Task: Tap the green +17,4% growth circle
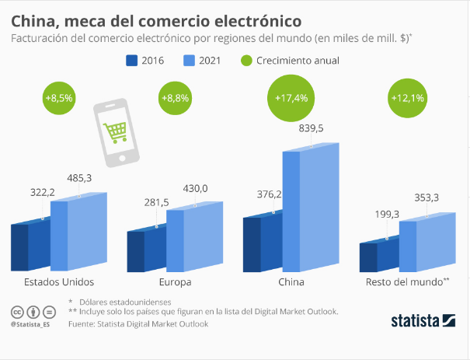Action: coord(291,98)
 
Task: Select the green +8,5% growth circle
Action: coord(59,98)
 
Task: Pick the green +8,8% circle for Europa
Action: coord(176,98)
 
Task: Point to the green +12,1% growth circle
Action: coord(408,98)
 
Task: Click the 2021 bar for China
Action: coord(311,210)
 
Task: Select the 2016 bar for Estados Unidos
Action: coord(30,246)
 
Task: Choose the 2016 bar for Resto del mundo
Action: coord(378,254)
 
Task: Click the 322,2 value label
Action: coord(39,190)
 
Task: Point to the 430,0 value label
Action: coord(195,188)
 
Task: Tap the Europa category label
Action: coord(175,281)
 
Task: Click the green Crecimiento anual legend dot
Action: coord(247,60)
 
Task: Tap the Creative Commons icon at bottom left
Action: coord(15,311)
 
